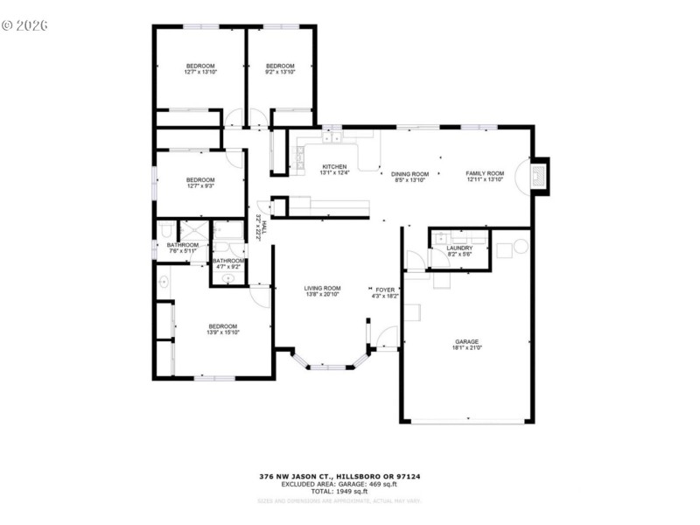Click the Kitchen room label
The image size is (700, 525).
(334, 166)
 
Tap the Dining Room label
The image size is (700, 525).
(409, 173)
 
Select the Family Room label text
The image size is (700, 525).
(485, 173)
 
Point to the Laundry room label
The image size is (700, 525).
(459, 248)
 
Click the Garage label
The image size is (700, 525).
(466, 341)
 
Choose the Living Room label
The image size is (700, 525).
(322, 288)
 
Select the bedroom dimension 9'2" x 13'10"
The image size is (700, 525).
(280, 73)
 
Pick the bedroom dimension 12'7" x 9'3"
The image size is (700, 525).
(200, 186)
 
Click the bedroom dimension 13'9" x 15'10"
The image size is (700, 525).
(223, 332)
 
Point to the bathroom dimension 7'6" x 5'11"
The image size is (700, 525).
(183, 251)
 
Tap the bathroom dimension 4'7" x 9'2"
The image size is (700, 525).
(227, 266)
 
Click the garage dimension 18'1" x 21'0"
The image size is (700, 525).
(466, 348)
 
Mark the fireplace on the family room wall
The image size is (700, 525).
(539, 174)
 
